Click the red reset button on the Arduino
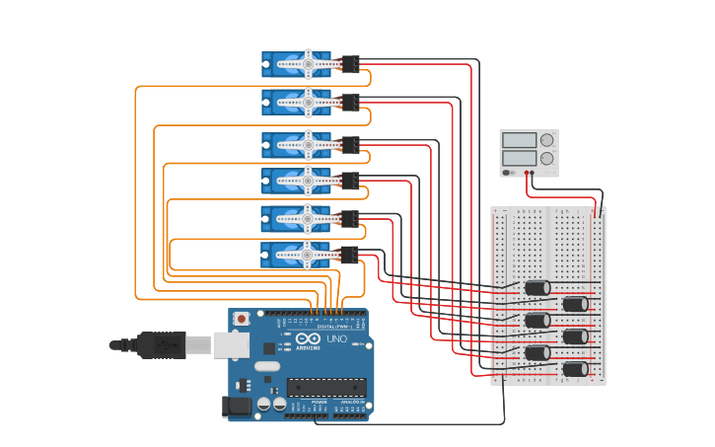click(x=241, y=319)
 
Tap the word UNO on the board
click(x=336, y=338)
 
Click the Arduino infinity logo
click(x=306, y=338)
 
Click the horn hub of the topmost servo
click(x=308, y=63)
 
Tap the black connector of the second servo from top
click(x=350, y=101)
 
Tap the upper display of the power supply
click(x=519, y=140)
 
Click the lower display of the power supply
click(x=519, y=158)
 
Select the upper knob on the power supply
click(x=546, y=140)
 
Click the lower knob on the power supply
click(x=546, y=158)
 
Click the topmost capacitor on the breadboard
click(x=537, y=288)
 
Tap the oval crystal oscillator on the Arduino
click(x=267, y=366)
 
